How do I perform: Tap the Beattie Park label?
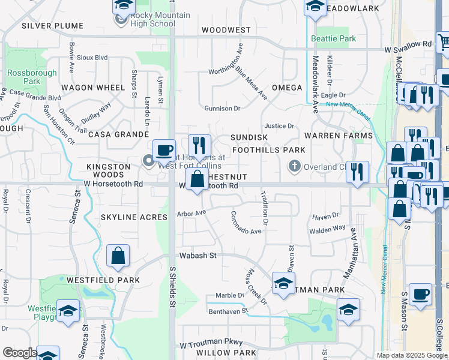pyautogui.click(x=334, y=39)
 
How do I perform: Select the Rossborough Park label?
pyautogui.click(x=24, y=77)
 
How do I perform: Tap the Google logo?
pyautogui.click(x=19, y=353)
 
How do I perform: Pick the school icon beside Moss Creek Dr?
pyautogui.click(x=283, y=283)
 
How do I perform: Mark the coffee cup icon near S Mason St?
pyautogui.click(x=421, y=295)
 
